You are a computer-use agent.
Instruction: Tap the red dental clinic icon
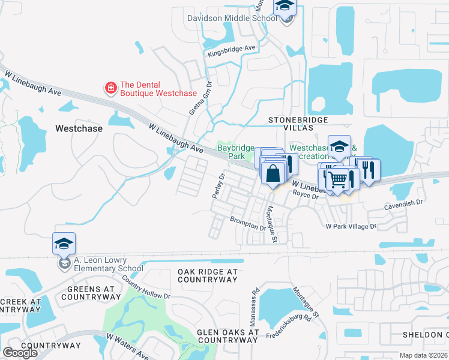110,89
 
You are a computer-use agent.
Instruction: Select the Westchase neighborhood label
79,128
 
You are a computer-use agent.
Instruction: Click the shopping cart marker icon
337,178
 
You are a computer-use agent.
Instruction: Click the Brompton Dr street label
248,223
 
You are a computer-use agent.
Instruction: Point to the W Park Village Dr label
351,227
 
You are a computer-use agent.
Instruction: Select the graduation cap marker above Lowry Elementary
64,244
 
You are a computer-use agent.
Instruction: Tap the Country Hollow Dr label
146,287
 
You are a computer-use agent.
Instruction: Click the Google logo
20,353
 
